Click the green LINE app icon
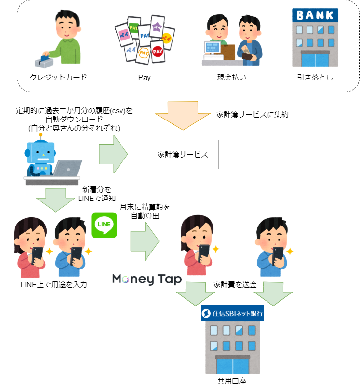click(x=104, y=225)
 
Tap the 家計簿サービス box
click(x=183, y=154)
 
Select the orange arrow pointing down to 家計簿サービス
click(x=183, y=116)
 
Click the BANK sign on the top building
click(x=315, y=15)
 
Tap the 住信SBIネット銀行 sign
click(x=232, y=313)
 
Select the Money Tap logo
click(x=147, y=279)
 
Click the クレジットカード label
click(x=58, y=77)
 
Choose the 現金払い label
click(x=232, y=77)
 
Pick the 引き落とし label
click(x=315, y=77)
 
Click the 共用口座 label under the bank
click(x=232, y=381)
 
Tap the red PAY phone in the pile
click(x=157, y=52)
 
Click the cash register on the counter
click(x=213, y=51)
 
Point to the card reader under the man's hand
click(x=44, y=62)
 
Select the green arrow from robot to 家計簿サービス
click(x=113, y=154)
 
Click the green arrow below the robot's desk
click(x=55, y=200)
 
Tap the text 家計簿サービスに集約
click(x=253, y=114)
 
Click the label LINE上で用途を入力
click(x=53, y=285)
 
